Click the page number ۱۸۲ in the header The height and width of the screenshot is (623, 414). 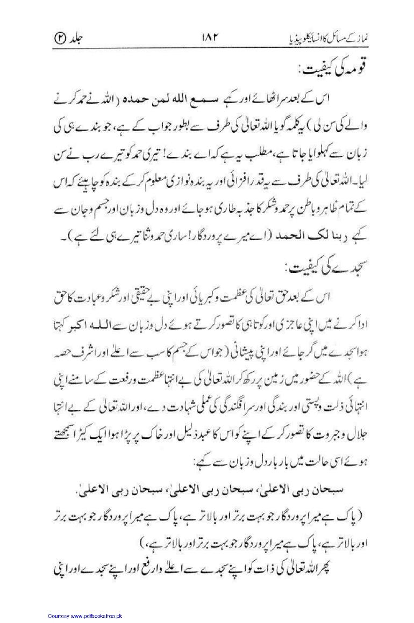(x=207, y=39)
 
